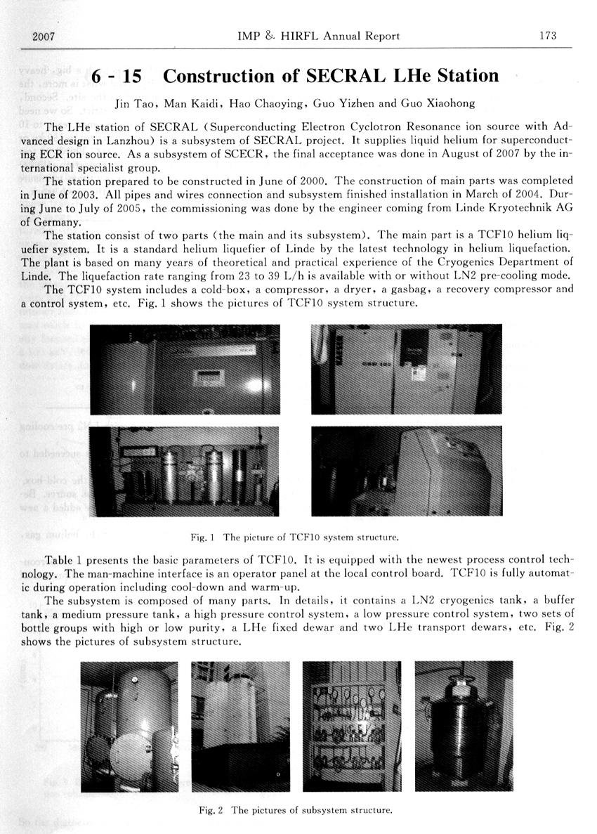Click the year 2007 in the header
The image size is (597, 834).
[x=44, y=36]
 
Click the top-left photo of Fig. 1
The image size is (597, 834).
[x=185, y=370]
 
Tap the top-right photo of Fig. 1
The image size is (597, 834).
[x=407, y=370]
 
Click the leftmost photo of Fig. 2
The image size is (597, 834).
[x=130, y=727]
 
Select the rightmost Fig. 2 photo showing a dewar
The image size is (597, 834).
[x=463, y=727]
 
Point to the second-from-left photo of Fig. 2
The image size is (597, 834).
[x=240, y=727]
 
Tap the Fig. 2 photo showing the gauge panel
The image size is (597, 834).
[x=351, y=727]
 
